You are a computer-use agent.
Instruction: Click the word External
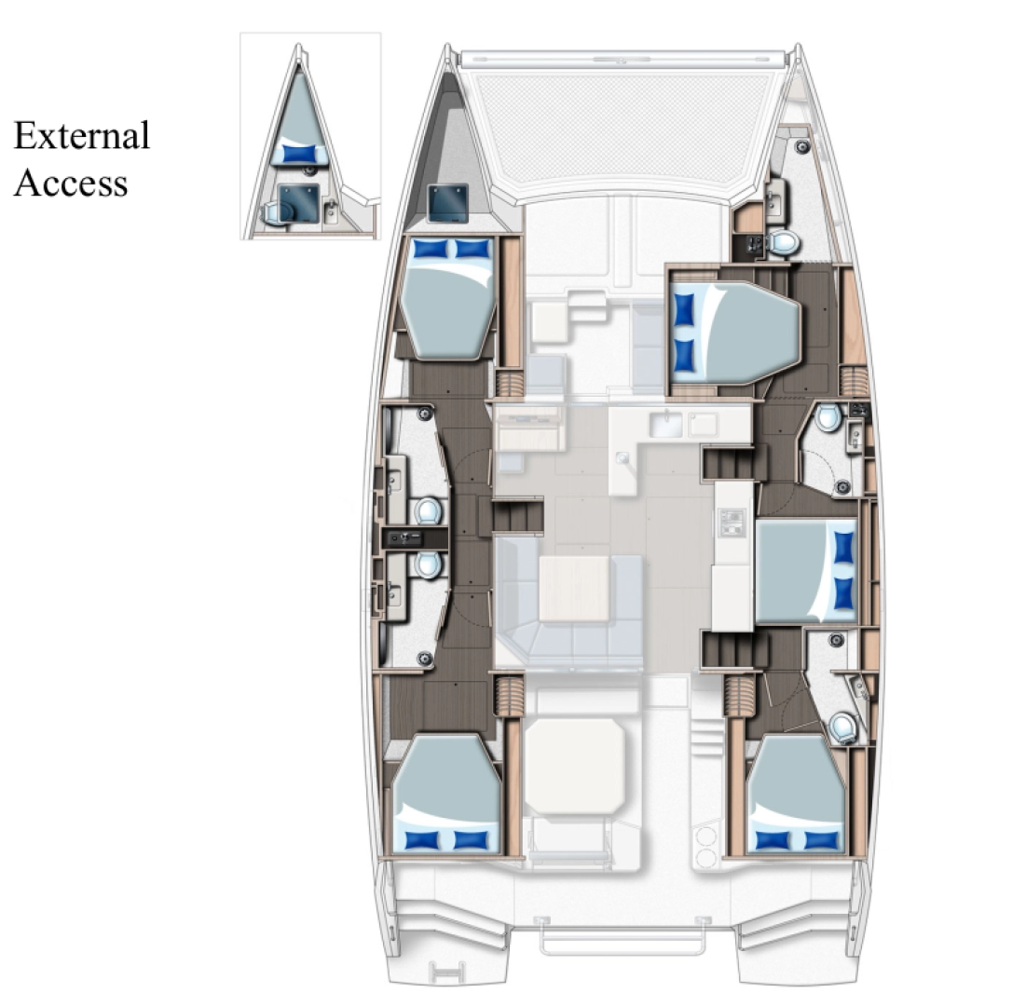point(81,136)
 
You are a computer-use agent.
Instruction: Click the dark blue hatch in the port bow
point(447,203)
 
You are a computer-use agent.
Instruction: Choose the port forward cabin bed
point(446,298)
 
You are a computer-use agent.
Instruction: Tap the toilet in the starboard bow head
point(785,242)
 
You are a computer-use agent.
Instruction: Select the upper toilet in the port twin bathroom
point(428,510)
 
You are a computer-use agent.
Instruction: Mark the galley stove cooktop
point(732,523)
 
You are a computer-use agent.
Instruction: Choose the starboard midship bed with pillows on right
point(805,571)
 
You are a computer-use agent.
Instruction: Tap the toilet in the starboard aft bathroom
point(844,726)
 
